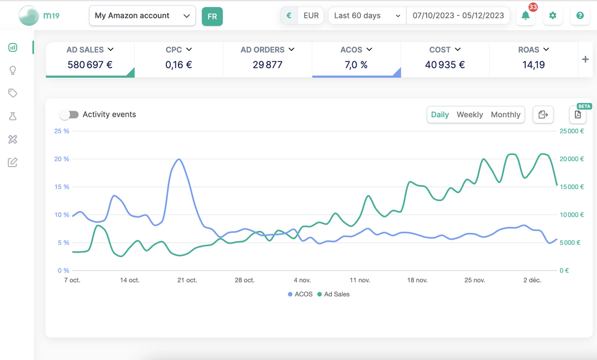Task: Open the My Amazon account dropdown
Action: (x=142, y=15)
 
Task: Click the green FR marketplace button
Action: (x=212, y=17)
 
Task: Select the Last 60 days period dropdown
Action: (x=367, y=15)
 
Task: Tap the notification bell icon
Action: (x=526, y=15)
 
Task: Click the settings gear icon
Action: (x=552, y=15)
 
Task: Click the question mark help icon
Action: (x=580, y=15)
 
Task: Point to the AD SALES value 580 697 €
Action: (x=90, y=65)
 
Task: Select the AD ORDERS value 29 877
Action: (x=268, y=65)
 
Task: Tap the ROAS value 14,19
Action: (x=533, y=65)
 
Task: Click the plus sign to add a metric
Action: (x=585, y=59)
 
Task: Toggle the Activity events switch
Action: (x=69, y=114)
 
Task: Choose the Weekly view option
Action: (x=469, y=114)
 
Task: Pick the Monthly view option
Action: (x=505, y=114)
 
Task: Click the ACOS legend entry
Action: (x=300, y=294)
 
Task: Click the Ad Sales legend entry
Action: (x=333, y=294)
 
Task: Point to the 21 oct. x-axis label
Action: (x=187, y=280)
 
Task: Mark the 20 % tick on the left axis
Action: (x=62, y=159)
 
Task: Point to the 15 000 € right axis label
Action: (x=572, y=187)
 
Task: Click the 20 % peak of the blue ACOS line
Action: (x=179, y=159)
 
